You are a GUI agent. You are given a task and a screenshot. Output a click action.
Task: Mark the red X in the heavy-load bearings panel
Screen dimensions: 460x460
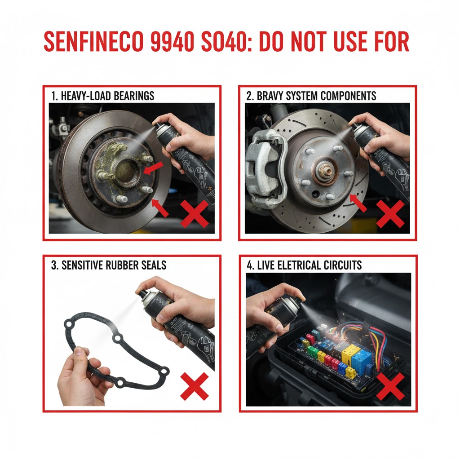[194, 214]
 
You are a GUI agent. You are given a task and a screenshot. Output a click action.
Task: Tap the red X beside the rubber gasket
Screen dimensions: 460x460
[194, 386]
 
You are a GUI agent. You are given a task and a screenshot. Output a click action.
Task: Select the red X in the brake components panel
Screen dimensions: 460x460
[390, 214]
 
